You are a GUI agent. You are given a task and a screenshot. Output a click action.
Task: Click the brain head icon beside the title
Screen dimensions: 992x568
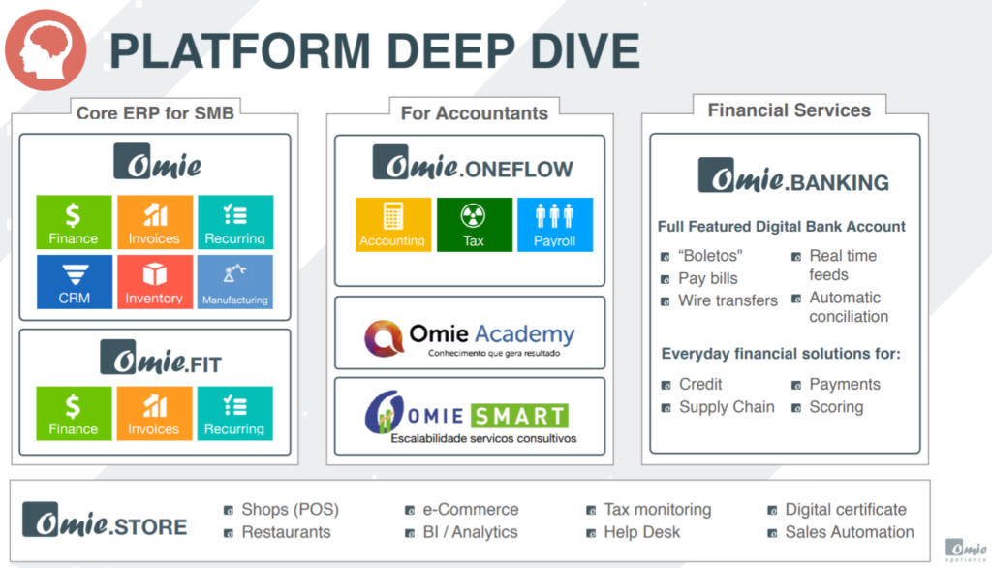tap(46, 49)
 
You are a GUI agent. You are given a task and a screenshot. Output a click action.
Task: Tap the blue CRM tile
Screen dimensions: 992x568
tap(74, 282)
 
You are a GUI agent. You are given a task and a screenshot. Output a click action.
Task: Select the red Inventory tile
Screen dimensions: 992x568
tap(154, 282)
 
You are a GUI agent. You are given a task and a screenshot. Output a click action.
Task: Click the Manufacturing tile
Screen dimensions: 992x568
tap(235, 282)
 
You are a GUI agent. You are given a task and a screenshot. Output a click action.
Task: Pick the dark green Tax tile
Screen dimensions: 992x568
tap(474, 225)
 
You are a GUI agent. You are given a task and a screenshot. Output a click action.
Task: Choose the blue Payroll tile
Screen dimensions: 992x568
tap(555, 225)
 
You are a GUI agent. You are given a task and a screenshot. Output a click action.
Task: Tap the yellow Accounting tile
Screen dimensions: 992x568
tap(393, 225)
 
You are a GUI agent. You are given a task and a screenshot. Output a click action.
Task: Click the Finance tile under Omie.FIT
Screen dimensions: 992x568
tap(74, 413)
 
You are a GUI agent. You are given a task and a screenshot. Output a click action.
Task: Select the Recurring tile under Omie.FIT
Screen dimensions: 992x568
tap(234, 413)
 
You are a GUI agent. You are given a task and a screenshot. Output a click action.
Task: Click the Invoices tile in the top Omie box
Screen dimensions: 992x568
tap(154, 222)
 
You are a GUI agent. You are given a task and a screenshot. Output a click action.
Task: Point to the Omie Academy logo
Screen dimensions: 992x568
tap(470, 338)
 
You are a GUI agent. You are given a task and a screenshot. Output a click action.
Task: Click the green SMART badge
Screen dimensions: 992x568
tap(519, 416)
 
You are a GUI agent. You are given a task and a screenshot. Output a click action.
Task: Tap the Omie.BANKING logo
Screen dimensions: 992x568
tap(793, 175)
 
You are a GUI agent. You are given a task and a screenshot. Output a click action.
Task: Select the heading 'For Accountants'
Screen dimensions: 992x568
tap(475, 113)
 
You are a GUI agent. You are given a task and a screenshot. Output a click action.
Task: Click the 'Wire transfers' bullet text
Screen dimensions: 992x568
tap(728, 300)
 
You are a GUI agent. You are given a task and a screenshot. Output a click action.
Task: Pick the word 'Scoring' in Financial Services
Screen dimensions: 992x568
tap(836, 407)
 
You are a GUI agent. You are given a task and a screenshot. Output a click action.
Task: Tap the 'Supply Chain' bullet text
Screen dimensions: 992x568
tap(727, 407)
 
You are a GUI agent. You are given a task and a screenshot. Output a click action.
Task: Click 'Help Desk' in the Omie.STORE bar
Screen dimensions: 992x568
tap(641, 532)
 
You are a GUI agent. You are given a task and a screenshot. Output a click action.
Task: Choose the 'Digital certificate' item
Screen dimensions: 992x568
tap(845, 510)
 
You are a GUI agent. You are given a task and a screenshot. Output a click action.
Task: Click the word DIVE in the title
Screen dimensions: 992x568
tap(585, 50)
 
